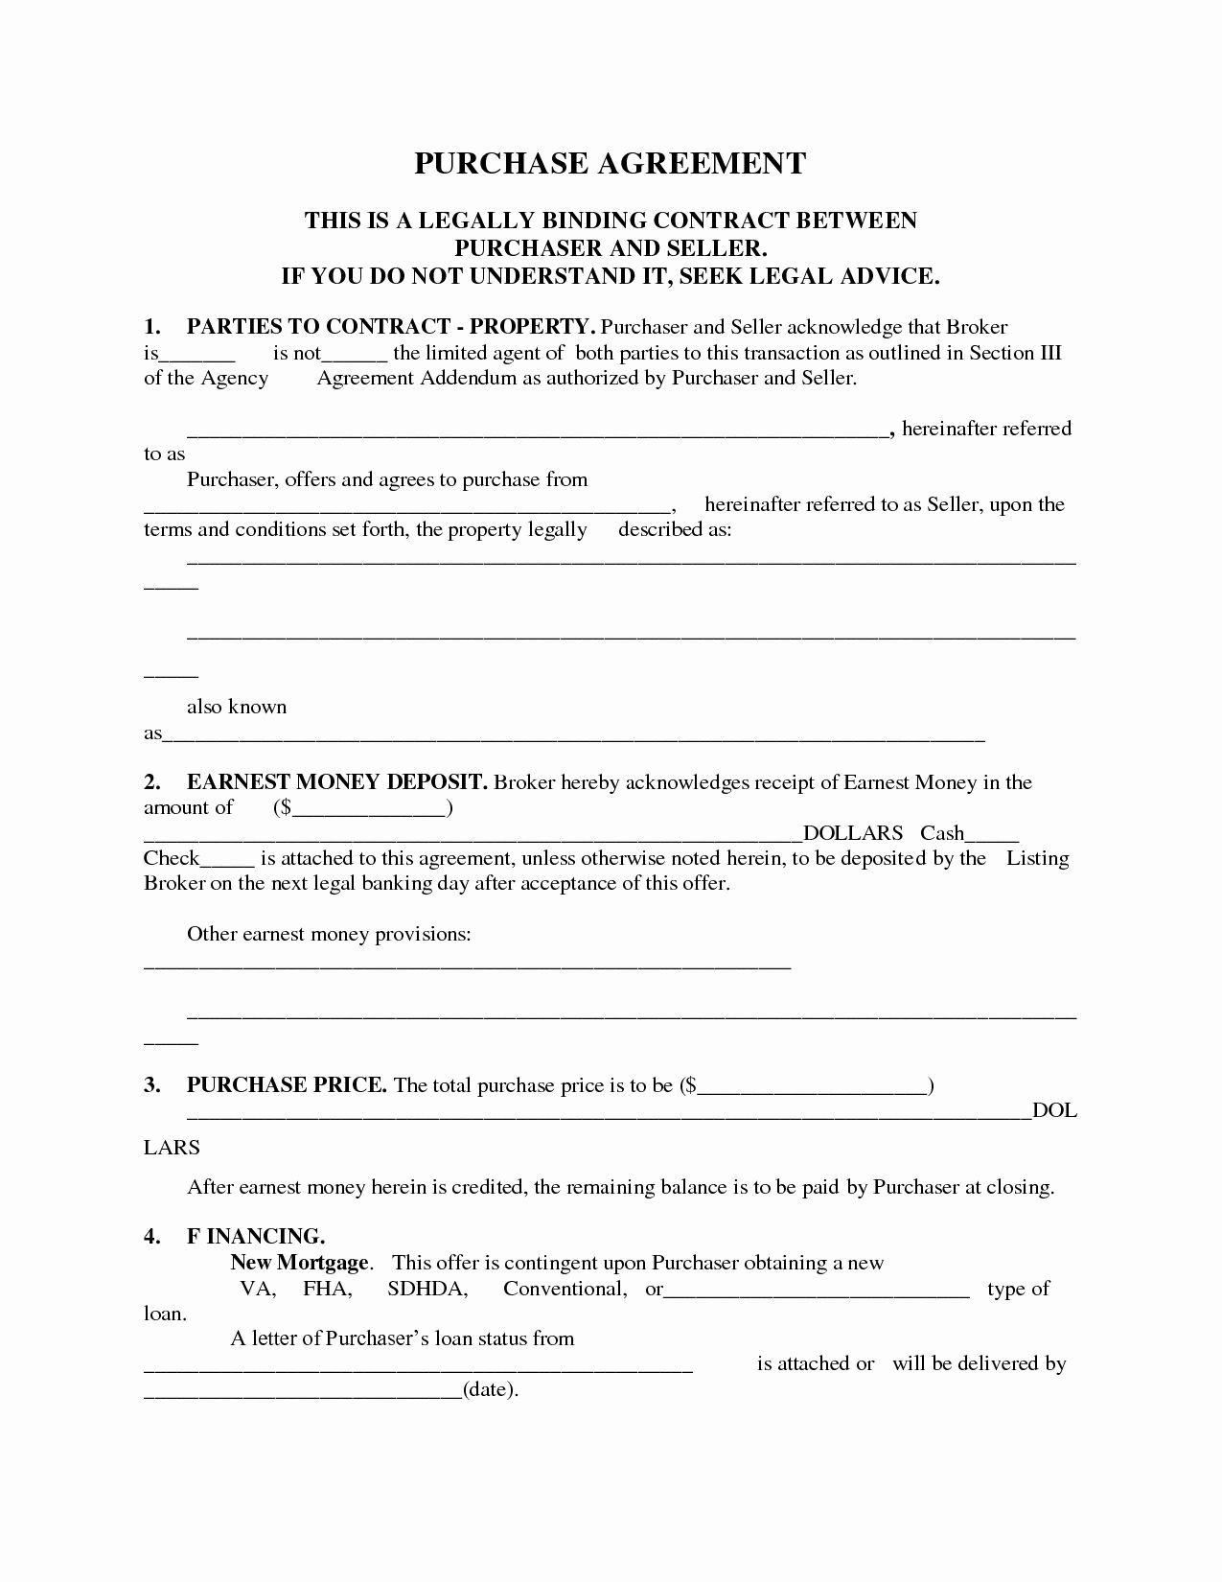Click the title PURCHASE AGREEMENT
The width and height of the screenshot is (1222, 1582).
(x=610, y=164)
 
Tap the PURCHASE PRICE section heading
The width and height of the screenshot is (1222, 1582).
(x=287, y=1085)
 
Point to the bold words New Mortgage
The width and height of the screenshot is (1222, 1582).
(x=299, y=1263)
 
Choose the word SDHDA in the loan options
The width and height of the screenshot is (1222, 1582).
(x=427, y=1289)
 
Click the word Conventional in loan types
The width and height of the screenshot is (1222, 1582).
(x=565, y=1289)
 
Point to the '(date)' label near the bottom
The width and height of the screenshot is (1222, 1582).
(x=490, y=1389)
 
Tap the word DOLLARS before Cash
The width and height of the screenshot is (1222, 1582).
(x=852, y=833)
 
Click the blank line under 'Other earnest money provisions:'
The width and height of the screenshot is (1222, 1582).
(x=467, y=965)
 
